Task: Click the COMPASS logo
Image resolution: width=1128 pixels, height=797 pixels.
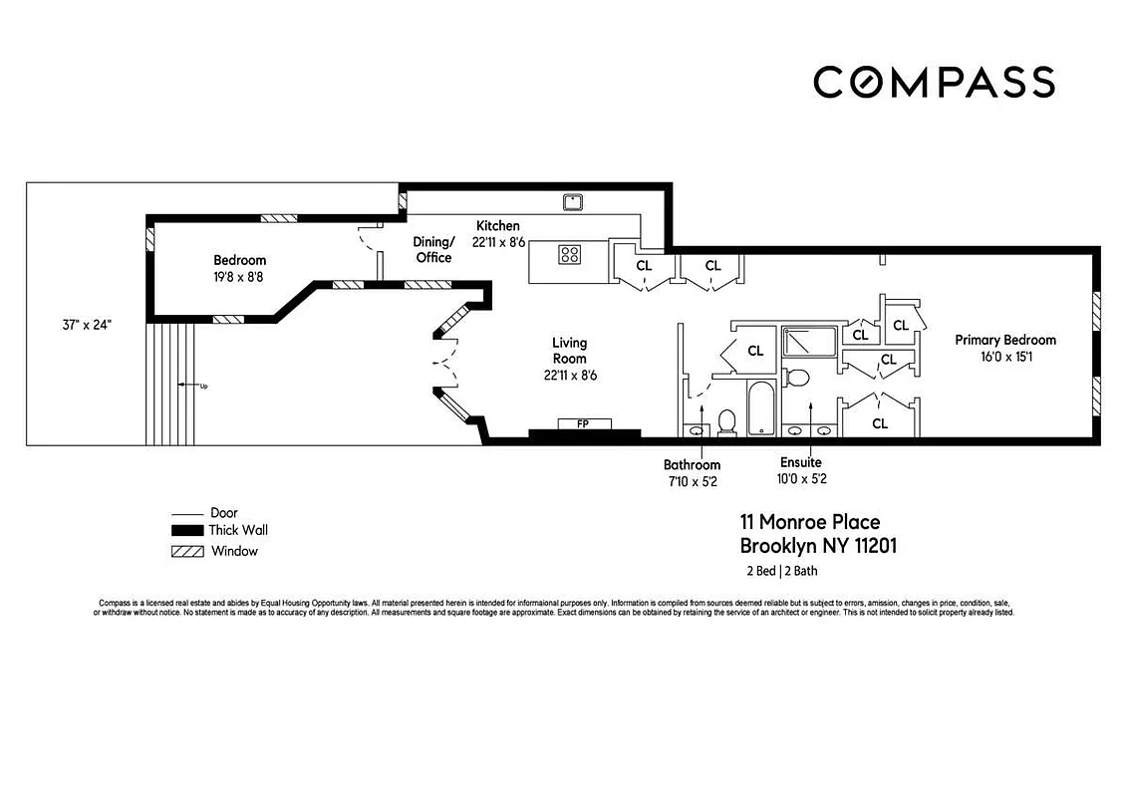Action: (x=934, y=82)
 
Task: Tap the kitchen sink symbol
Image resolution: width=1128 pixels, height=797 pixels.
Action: (x=573, y=201)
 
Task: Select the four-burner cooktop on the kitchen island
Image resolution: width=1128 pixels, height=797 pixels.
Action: (x=569, y=254)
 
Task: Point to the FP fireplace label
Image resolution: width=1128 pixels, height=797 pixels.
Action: (x=583, y=423)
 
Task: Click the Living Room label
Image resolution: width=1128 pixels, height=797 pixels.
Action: (x=569, y=351)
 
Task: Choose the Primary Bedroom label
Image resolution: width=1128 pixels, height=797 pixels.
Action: (x=1004, y=340)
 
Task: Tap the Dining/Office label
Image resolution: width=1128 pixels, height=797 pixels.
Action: (x=433, y=249)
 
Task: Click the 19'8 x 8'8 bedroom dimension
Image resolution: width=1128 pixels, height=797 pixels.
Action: (x=239, y=276)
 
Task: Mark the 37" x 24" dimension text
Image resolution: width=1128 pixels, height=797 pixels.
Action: (x=85, y=324)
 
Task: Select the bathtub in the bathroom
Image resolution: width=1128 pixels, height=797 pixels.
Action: (x=760, y=408)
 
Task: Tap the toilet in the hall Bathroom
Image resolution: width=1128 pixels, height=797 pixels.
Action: (x=726, y=422)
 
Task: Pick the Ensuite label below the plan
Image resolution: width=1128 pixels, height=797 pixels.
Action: (x=801, y=463)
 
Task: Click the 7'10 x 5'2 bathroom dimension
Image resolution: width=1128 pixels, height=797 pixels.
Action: (x=692, y=479)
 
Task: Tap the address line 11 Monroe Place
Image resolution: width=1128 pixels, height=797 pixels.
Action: (x=809, y=522)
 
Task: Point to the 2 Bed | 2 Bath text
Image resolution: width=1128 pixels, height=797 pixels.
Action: (x=782, y=571)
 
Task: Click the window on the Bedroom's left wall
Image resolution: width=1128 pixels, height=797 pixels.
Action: (x=149, y=239)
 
